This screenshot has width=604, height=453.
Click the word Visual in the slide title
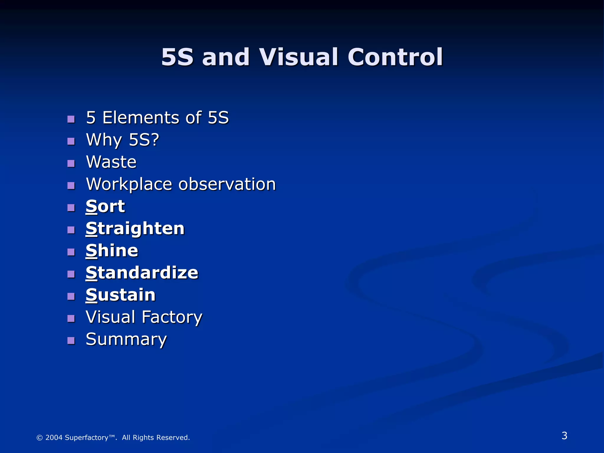click(298, 57)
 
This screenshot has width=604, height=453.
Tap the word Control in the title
click(395, 57)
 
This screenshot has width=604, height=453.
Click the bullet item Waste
click(111, 162)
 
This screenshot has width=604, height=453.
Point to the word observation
click(227, 184)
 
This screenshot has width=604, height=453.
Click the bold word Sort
click(105, 206)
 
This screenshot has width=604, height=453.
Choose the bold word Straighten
click(135, 229)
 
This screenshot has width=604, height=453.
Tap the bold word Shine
click(112, 251)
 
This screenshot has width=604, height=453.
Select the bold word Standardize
click(142, 273)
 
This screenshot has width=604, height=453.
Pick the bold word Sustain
click(120, 295)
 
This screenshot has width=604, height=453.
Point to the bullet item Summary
click(126, 339)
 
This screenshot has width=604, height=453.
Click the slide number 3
click(564, 436)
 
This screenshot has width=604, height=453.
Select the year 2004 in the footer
click(54, 438)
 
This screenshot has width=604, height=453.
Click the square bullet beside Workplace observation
click(71, 186)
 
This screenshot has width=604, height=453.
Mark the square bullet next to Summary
click(71, 341)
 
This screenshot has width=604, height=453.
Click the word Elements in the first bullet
click(141, 118)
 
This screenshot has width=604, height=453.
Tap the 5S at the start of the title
click(177, 57)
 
